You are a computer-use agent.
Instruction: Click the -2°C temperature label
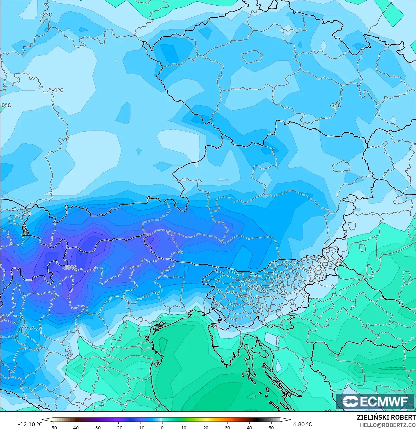pos(46,15)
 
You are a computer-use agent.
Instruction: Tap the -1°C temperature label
pos(58,90)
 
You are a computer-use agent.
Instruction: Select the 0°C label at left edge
pos(6,105)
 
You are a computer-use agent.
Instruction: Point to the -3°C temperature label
pos(335,105)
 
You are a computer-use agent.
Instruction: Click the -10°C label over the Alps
pos(69,268)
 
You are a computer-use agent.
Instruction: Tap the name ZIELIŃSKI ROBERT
pos(386,418)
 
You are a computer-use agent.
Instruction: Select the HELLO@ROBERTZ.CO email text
pos(388,425)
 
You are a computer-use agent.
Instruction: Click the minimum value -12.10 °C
pos(30,424)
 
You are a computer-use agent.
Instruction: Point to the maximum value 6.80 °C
pos(303,424)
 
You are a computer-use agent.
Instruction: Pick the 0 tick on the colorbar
pos(162,427)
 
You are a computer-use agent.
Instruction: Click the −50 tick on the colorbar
pos(53,427)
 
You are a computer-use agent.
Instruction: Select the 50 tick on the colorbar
pos(271,427)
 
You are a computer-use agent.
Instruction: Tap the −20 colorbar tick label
pos(118,427)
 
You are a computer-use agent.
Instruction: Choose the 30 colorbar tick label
pos(228,427)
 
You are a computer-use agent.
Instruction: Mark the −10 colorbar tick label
pos(140,427)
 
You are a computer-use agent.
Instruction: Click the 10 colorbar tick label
pos(184,427)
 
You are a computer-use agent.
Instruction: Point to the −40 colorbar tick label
pos(75,427)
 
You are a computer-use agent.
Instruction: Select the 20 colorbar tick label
pos(205,427)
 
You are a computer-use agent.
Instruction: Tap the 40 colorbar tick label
pos(249,427)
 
